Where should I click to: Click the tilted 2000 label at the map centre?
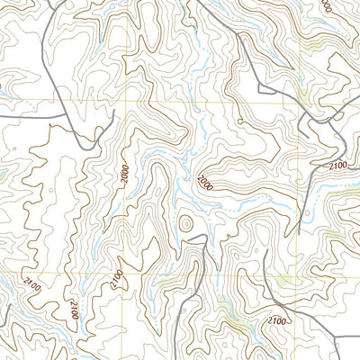pos(208,183)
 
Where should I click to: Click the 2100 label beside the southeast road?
pos(277,320)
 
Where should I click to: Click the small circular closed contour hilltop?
pos(186,221)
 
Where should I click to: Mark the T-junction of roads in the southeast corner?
pos(338,337)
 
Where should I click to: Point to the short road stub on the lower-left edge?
pos(4,315)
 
